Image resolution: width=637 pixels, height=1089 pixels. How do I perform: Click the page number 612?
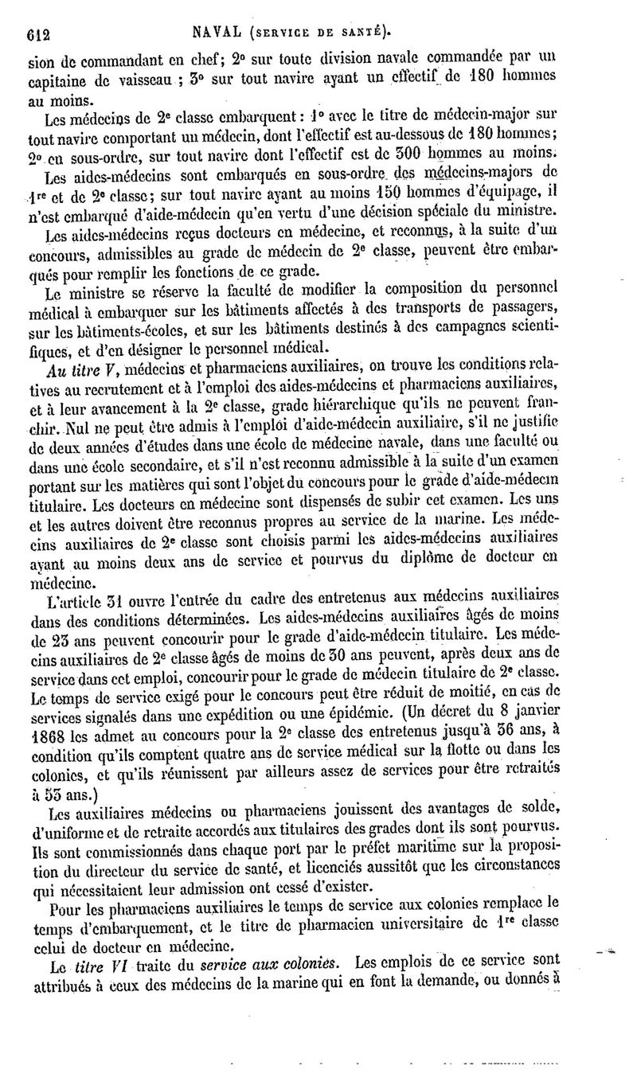pyautogui.click(x=38, y=33)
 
